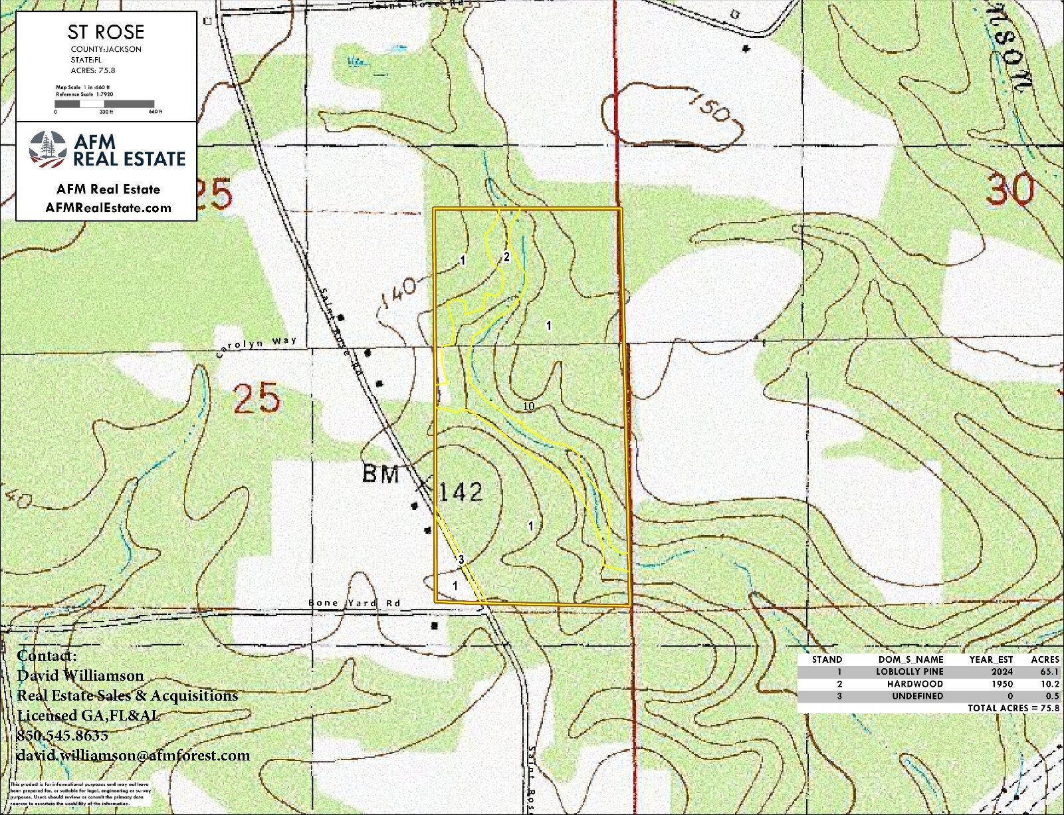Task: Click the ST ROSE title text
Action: tap(106, 32)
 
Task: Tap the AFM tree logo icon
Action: tap(48, 150)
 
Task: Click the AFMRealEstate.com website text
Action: tap(108, 207)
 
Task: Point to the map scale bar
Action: tap(104, 104)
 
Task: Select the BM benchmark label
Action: tap(381, 474)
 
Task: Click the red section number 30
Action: tap(1010, 189)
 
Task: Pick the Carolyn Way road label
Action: tap(257, 347)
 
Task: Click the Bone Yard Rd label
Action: tap(354, 603)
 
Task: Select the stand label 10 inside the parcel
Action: tap(529, 406)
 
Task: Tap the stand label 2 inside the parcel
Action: tap(506, 257)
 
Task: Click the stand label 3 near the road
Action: tap(461, 559)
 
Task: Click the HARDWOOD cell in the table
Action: tap(914, 683)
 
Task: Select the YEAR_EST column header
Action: tap(991, 659)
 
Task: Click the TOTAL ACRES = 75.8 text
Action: tap(1013, 708)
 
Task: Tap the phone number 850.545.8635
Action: tap(62, 735)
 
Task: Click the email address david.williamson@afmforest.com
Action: tap(134, 755)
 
